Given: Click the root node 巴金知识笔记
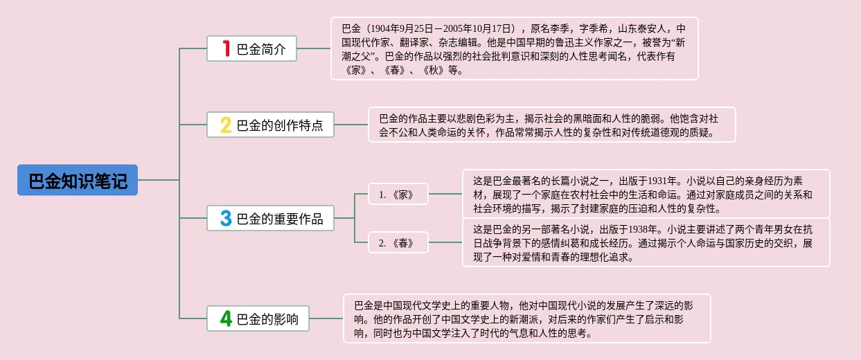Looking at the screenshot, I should [78, 180].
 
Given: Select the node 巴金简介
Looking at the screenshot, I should [252, 48].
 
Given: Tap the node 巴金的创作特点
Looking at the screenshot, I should [270, 125].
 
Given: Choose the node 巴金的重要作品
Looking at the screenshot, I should [270, 219].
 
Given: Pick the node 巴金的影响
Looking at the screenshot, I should [258, 318].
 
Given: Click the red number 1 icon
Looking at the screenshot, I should [225, 48].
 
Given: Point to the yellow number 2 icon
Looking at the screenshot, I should [225, 125].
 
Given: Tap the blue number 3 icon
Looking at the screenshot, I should [225, 219].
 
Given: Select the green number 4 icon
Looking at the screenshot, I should [225, 318].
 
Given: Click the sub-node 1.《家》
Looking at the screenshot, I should [398, 195].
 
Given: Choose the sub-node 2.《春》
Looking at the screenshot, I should [398, 242].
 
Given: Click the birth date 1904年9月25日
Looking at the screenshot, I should [402, 28].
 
